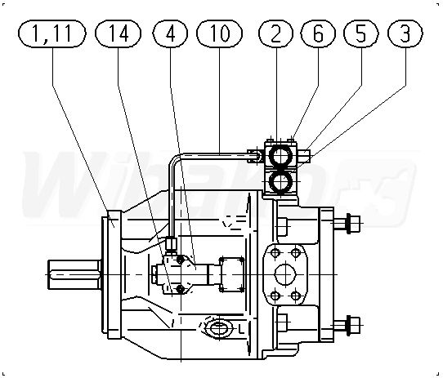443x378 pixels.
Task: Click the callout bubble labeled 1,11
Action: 52,33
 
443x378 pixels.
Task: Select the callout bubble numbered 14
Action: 118,33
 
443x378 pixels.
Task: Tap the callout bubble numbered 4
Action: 170,33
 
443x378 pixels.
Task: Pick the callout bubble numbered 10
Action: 220,33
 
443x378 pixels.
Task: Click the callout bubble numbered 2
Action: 276,33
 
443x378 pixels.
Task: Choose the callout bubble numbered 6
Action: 318,33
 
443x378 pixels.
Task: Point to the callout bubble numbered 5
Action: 360,33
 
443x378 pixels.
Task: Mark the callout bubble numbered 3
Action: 405,33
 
